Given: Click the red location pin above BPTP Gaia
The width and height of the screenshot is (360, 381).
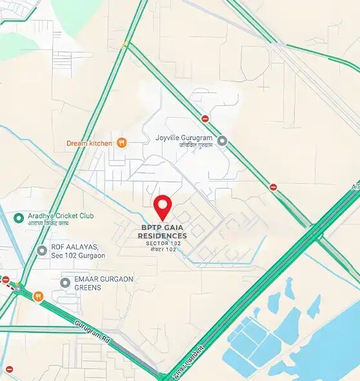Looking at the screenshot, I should pos(163,206).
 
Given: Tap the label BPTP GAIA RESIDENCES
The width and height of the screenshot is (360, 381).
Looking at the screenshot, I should pos(164,231).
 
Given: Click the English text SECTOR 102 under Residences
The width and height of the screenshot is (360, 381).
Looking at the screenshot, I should pos(164,244).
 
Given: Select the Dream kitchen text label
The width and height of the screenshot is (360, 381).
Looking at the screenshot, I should pos(89,143).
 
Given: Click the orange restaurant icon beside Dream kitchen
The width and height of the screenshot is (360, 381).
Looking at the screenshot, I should pos(121,142).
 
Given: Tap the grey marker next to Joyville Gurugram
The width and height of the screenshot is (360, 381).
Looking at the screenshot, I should pos(222,140).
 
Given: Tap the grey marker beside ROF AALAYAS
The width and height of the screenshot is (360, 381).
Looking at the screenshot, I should pos(42,250).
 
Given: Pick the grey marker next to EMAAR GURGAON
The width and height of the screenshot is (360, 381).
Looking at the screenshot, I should pos(65,282).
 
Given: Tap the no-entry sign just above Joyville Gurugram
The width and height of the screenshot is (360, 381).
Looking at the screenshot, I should pos(205,119).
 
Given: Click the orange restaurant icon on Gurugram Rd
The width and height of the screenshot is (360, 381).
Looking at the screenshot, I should pos(38,296).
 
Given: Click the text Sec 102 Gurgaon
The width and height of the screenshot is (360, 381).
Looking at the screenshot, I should pos(77,256).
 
